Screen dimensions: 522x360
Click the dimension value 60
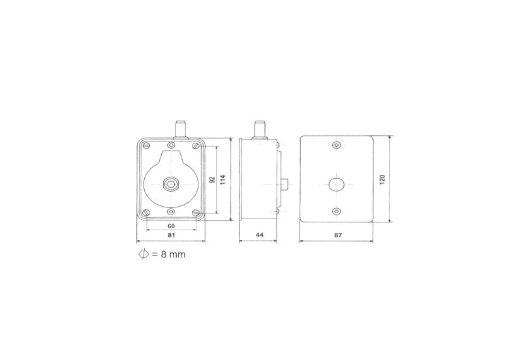pyautogui.click(x=171, y=226)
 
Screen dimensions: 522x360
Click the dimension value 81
pyautogui.click(x=171, y=235)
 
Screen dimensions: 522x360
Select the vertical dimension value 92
pyautogui.click(x=213, y=180)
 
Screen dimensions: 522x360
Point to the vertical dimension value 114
pyautogui.click(x=223, y=180)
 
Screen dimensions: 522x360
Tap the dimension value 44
pyautogui.click(x=259, y=235)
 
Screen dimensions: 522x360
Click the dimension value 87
pyautogui.click(x=338, y=235)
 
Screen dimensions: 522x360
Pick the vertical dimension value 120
pyautogui.click(x=382, y=179)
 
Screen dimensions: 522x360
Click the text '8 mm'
pyautogui.click(x=173, y=254)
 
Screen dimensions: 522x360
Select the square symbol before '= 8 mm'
pyautogui.click(x=144, y=254)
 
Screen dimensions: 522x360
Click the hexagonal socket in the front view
pyautogui.click(x=171, y=185)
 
